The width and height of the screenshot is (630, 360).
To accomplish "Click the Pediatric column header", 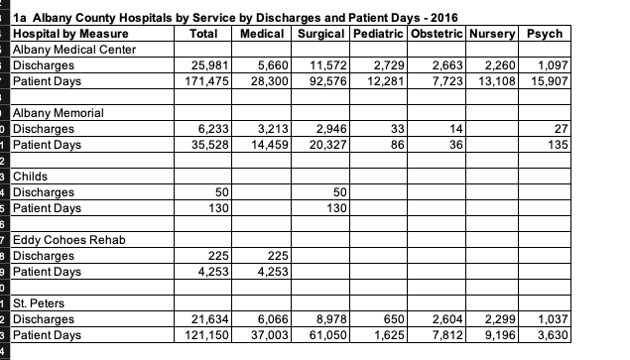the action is tap(378, 34).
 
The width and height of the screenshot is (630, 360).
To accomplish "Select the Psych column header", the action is tap(545, 34).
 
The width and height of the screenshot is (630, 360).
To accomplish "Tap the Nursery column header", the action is tap(492, 34).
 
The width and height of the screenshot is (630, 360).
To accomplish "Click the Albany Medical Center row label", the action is tap(74, 50).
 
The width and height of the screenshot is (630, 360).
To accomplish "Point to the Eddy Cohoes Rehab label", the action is tap(69, 240).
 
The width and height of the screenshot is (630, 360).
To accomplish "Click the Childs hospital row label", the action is tap(30, 177).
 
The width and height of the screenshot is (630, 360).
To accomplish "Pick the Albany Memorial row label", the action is tap(59, 113).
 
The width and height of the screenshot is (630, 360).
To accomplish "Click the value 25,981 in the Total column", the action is tap(209, 65).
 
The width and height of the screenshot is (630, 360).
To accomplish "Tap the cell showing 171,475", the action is tap(206, 81).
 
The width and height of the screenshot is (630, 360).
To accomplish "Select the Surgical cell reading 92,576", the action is tap(327, 81).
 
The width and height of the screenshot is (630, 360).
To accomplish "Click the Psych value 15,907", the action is tap(550, 81).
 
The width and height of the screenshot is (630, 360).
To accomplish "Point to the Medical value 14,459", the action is tap(270, 145).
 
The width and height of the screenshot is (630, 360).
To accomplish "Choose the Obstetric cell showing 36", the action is tap(456, 145).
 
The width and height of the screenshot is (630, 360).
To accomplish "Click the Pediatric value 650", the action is tap(394, 319).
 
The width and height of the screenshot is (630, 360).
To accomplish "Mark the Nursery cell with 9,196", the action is tap(500, 335).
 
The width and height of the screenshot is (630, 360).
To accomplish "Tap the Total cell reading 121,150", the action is tap(206, 335).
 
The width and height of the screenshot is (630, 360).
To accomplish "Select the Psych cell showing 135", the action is tap(559, 145).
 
